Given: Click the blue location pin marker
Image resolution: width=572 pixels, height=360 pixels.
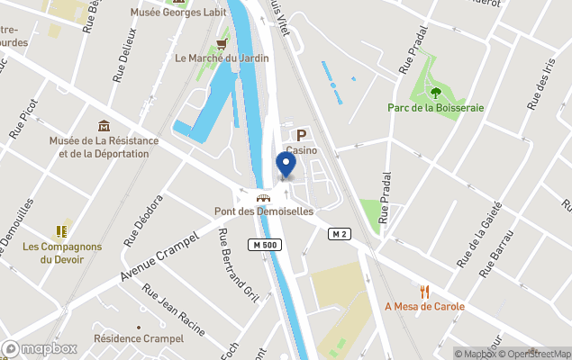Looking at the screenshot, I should (286, 165).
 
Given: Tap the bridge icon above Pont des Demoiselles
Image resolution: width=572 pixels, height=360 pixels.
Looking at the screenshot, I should (263, 198).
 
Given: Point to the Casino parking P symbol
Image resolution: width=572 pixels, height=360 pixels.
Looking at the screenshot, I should (302, 134).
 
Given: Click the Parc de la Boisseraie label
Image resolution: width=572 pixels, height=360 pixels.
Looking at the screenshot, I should (435, 107).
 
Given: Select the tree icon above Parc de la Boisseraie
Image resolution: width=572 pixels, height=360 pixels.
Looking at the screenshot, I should (436, 92).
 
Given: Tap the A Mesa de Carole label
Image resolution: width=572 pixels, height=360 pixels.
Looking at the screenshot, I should (424, 306).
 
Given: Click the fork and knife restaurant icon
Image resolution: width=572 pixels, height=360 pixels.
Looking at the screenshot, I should (424, 291).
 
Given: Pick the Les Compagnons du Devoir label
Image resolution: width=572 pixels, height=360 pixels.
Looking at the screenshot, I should (62, 253).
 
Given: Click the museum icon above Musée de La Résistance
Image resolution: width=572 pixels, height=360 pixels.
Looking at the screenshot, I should (104, 125).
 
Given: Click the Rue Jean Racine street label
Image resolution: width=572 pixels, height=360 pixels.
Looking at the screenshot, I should (176, 308).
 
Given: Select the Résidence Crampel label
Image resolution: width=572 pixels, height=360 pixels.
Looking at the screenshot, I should (139, 338).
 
